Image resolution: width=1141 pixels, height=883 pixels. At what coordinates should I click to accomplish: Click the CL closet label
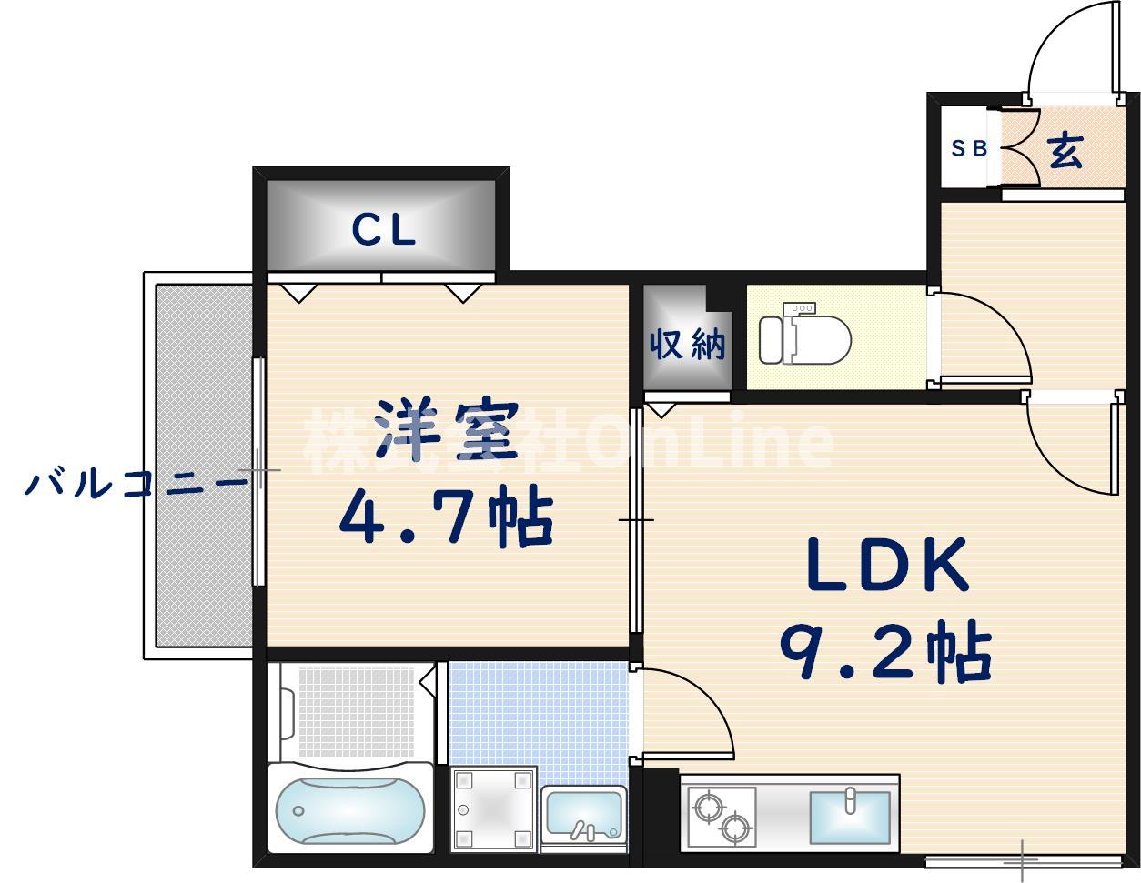[383, 230]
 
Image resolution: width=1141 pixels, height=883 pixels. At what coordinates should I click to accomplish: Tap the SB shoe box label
[969, 148]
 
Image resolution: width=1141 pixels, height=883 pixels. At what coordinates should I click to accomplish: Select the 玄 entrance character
[1065, 151]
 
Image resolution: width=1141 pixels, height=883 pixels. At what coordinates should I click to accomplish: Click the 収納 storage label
[687, 345]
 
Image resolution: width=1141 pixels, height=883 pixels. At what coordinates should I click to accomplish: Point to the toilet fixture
[804, 339]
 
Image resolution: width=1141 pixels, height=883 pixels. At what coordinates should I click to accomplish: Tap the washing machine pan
[493, 808]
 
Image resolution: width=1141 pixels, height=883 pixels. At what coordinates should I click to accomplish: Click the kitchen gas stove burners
[722, 815]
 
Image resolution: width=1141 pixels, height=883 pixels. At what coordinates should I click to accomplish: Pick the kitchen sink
[849, 817]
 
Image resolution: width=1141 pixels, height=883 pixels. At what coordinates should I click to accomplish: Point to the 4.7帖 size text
[446, 519]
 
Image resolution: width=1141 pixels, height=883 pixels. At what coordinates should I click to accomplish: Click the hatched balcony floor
[203, 464]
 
